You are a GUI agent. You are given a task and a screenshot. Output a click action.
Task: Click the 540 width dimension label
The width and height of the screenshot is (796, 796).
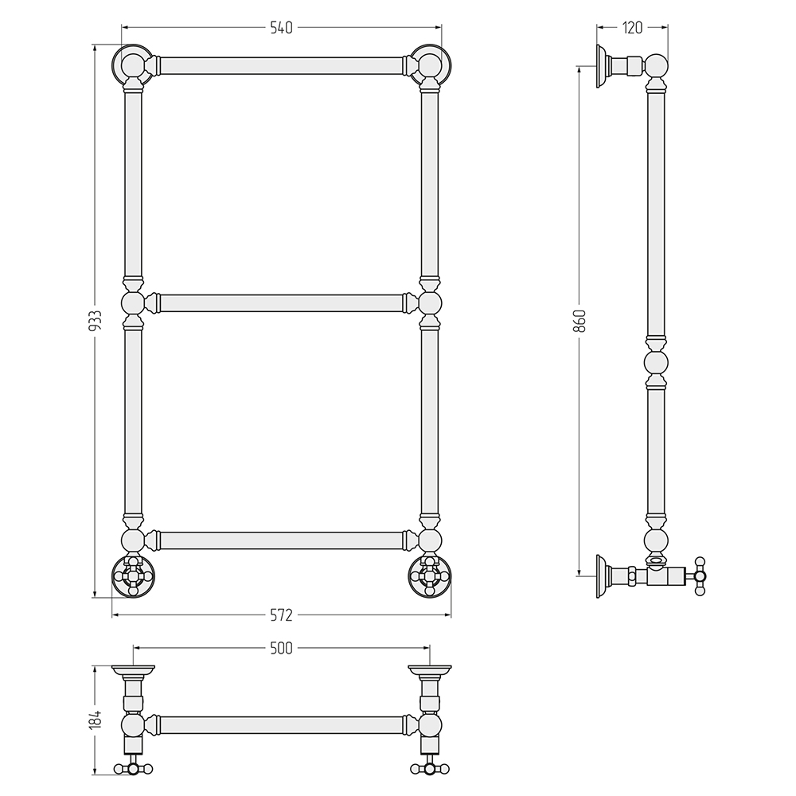(x=281, y=28)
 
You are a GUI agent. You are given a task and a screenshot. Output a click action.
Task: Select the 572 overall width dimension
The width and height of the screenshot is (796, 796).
(x=281, y=615)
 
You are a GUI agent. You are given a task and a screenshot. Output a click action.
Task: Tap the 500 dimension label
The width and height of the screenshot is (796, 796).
(x=281, y=648)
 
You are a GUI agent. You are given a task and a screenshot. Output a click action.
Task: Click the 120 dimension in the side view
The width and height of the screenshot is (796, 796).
(x=632, y=28)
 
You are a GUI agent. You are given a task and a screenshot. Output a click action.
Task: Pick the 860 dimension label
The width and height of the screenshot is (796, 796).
(x=583, y=320)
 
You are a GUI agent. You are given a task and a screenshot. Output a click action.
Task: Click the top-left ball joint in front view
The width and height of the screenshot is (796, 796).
(x=132, y=65)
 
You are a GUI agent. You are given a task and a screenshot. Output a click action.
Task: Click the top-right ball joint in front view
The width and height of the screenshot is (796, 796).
(x=431, y=65)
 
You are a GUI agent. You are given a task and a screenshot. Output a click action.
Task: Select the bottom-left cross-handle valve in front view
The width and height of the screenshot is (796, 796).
(x=132, y=576)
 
